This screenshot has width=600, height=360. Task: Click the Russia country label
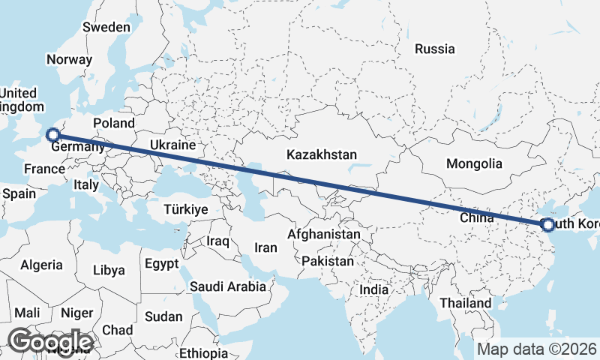point(435,49)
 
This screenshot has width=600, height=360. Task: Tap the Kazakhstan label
point(321,154)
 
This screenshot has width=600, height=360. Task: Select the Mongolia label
point(473,163)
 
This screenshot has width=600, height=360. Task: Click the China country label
point(476,218)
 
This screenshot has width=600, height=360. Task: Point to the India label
point(374,289)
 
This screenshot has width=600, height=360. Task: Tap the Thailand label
point(466,303)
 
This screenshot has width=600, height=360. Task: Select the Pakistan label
point(327,262)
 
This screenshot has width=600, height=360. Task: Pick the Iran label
point(266,247)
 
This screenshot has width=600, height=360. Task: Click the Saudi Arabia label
point(228,286)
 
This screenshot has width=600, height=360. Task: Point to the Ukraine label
point(172,145)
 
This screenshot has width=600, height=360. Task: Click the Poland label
point(113,123)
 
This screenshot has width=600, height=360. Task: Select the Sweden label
point(106,27)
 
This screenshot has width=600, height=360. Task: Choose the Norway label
point(69,59)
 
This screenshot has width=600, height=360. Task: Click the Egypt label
point(162,264)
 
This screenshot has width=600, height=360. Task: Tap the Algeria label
point(42,265)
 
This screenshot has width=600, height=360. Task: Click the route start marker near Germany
point(52,135)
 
